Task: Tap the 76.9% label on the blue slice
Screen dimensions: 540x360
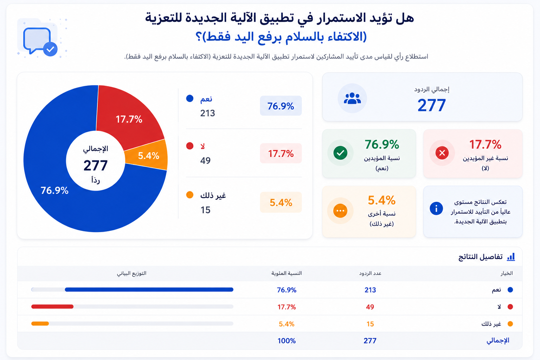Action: tap(54, 191)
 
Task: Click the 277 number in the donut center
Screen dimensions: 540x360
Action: tap(96, 166)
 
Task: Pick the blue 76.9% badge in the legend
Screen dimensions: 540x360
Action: tap(281, 106)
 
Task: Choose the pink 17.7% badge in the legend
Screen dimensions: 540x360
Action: tap(281, 153)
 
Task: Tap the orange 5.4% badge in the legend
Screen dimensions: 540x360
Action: tap(281, 202)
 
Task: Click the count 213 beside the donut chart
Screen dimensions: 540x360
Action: tap(207, 113)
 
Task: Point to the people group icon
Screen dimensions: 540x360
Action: tap(352, 98)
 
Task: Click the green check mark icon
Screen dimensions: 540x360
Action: tap(340, 153)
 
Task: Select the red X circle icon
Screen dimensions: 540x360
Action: tap(442, 153)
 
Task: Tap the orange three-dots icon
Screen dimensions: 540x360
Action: tap(340, 211)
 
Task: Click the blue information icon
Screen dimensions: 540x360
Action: tap(436, 208)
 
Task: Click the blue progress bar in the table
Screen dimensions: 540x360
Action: tap(149, 290)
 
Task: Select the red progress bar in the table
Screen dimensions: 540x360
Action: tap(52, 307)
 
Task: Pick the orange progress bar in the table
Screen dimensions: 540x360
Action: tap(40, 323)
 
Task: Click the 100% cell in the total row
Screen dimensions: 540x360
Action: tap(287, 341)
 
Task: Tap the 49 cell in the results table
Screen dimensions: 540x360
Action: tap(370, 307)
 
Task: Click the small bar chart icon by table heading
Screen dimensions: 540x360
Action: tap(510, 257)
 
